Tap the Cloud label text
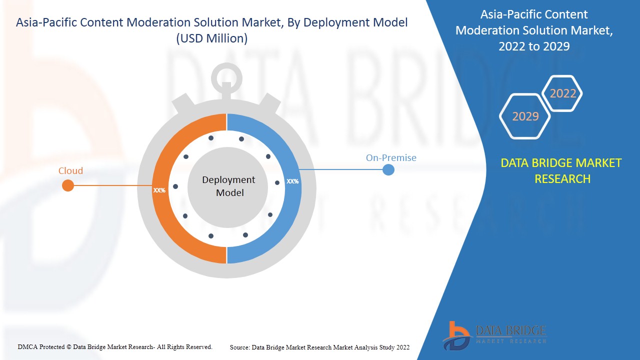(70, 171)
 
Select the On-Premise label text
(391, 158)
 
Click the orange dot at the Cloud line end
(68, 186)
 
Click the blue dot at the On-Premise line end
(388, 170)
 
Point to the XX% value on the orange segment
(159, 190)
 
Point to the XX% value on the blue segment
(292, 181)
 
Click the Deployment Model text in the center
(228, 186)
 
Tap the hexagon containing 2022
(562, 93)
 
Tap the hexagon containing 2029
(525, 116)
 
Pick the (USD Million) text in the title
(211, 38)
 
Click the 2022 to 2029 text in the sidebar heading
(533, 46)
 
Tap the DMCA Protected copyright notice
(115, 346)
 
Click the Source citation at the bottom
(319, 347)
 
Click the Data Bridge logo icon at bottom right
(456, 334)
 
